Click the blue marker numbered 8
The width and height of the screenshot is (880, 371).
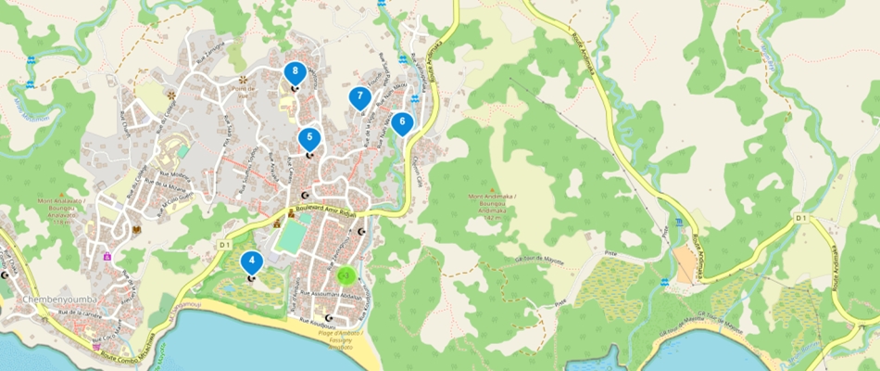tap(295, 71)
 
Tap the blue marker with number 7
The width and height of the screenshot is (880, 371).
tap(359, 96)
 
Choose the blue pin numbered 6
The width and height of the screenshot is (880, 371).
tap(401, 122)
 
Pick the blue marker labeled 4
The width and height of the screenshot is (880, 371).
tap(251, 262)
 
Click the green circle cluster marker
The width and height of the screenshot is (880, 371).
tap(344, 275)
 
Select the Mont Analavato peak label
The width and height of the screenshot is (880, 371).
tap(61, 207)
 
